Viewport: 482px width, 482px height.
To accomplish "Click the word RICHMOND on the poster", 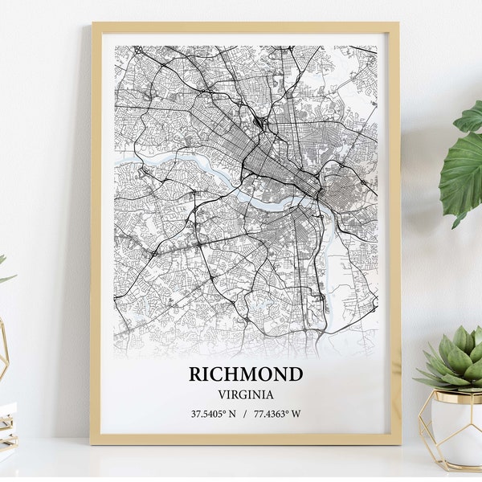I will [x=246, y=374].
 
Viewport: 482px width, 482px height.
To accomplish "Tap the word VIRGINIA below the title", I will [x=245, y=394].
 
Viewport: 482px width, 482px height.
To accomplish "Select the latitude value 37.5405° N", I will [x=212, y=415].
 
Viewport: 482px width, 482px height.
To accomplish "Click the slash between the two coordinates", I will [x=245, y=415].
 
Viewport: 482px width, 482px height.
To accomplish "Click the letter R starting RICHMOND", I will [x=195, y=374].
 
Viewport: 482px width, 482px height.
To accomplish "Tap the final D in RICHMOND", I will [x=296, y=374].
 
